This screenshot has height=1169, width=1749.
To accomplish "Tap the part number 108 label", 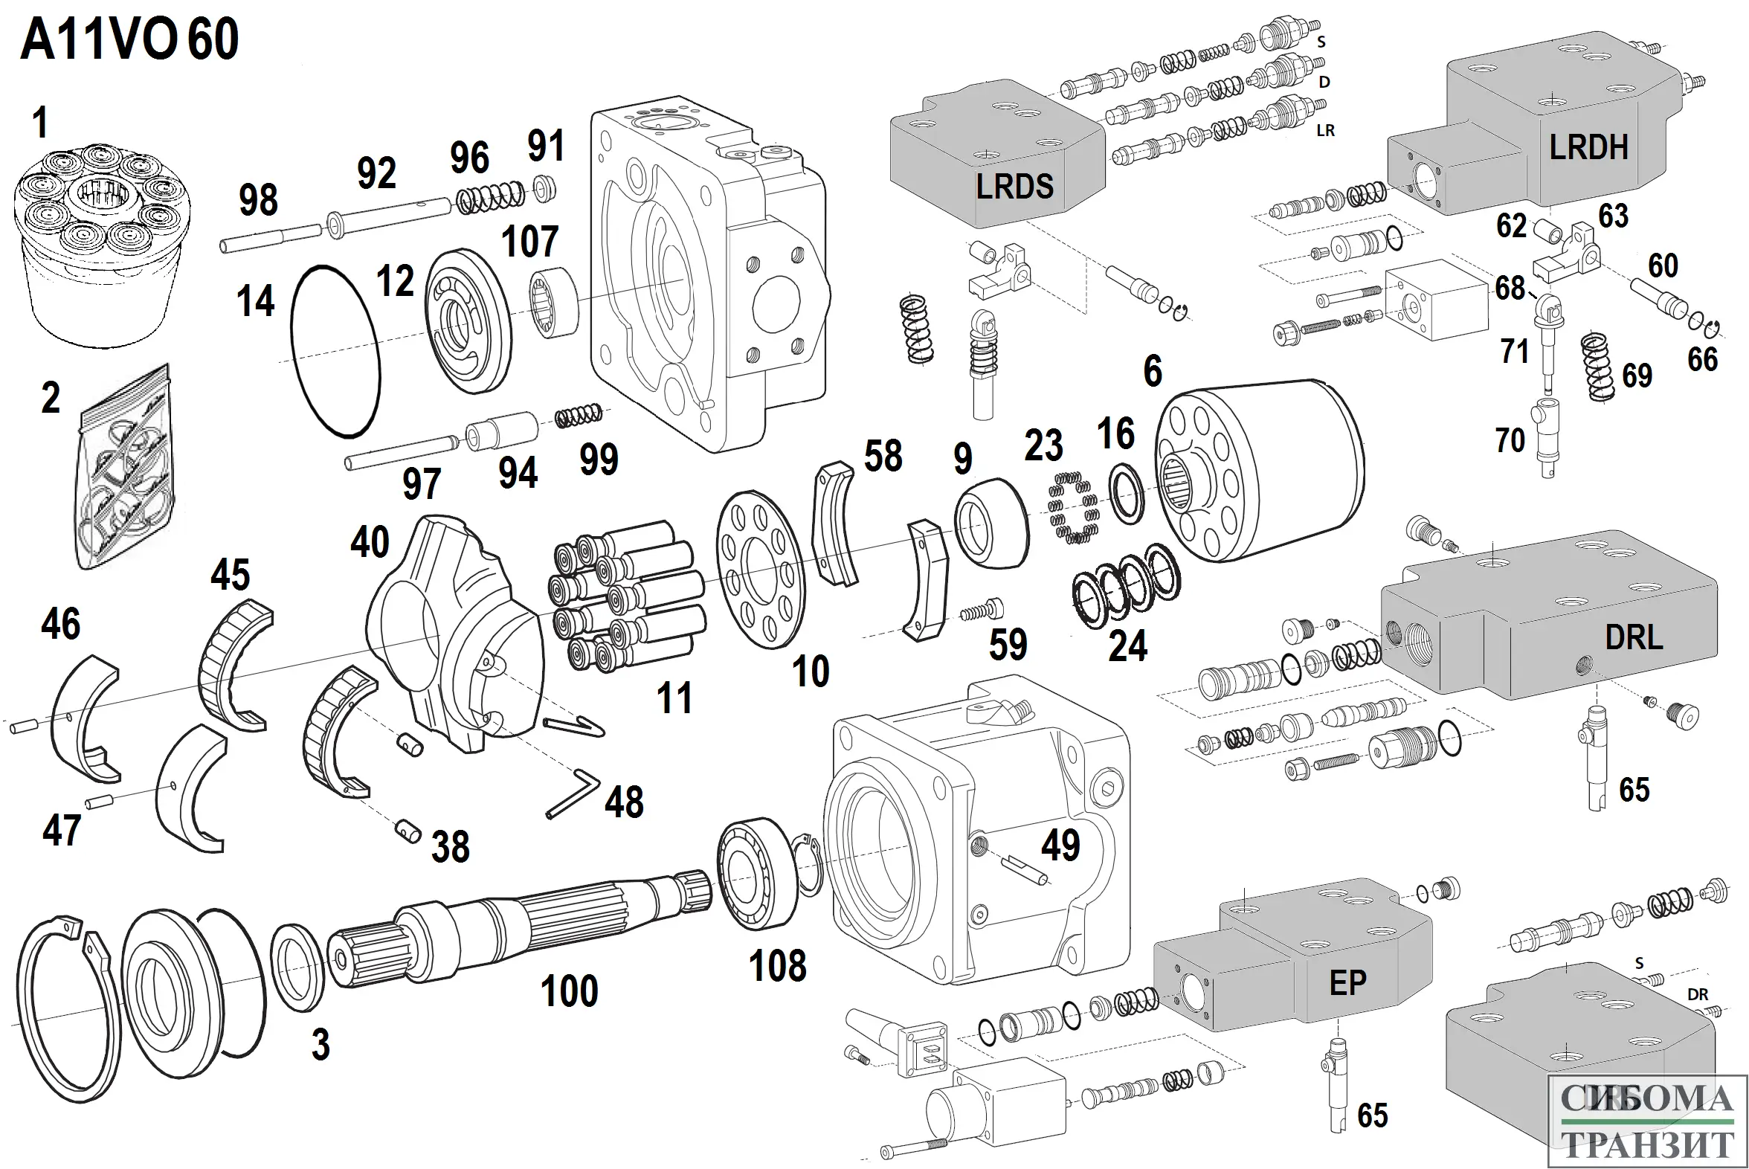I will [x=778, y=966].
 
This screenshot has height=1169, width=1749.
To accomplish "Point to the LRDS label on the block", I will [x=1014, y=186].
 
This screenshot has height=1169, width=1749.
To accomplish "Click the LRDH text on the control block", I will [x=1588, y=148].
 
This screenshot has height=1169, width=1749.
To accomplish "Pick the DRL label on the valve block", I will [x=1634, y=637].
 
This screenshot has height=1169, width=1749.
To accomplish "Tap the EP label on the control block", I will [x=1348, y=983].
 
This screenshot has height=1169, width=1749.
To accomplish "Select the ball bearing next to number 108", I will [x=757, y=874].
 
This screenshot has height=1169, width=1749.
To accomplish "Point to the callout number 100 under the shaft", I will [x=569, y=991].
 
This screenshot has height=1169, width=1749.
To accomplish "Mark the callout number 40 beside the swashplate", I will [x=370, y=542].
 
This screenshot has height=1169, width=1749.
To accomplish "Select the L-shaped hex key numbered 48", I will [x=572, y=796].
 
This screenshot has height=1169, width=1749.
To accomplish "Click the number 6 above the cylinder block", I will [x=1153, y=371].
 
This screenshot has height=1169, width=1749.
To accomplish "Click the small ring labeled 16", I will [x=1127, y=494].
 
